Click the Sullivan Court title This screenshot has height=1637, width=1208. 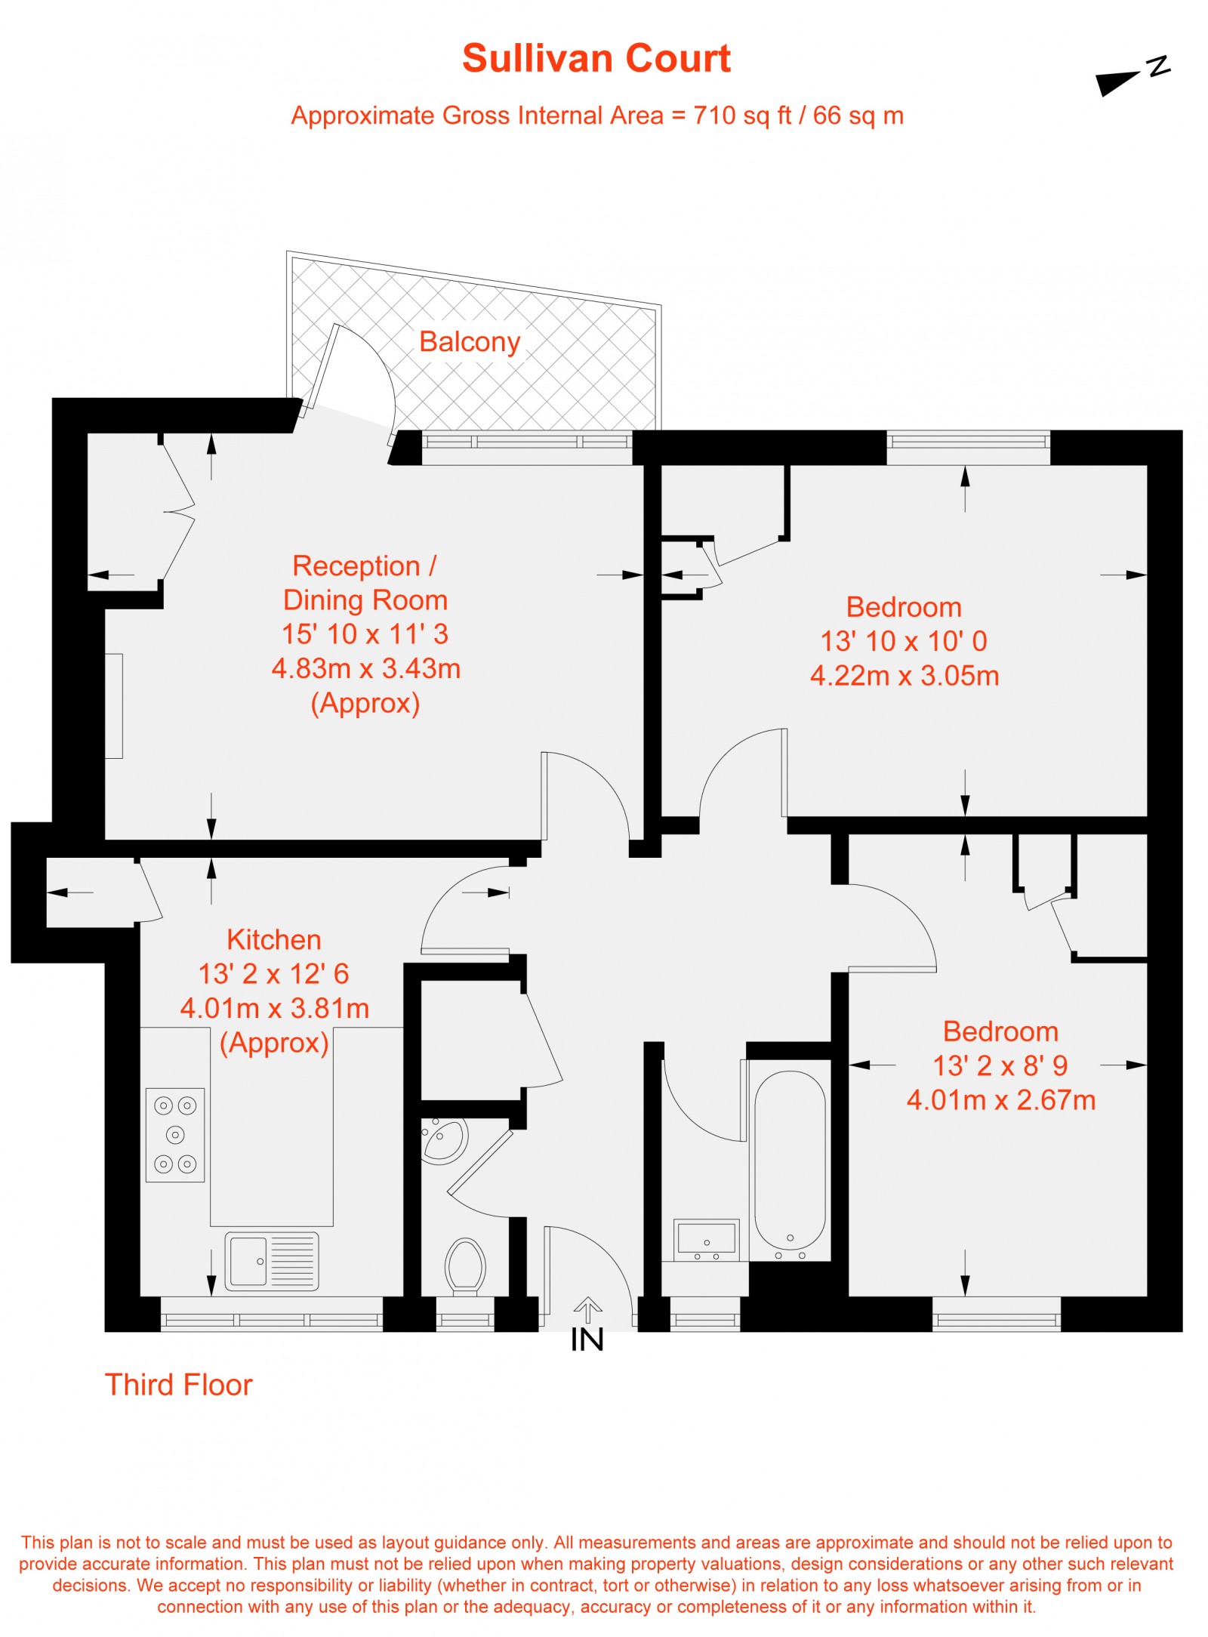tap(596, 59)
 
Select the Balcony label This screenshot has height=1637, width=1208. tap(470, 342)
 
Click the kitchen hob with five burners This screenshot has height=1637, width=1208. tap(175, 1135)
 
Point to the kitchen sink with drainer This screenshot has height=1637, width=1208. tap(271, 1261)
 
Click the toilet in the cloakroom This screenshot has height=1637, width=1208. tap(465, 1266)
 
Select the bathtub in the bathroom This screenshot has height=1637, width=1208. tap(790, 1161)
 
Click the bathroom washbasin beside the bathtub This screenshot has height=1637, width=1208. tap(706, 1239)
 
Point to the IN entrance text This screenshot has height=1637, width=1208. tap(587, 1340)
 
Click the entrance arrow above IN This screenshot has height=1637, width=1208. tap(587, 1309)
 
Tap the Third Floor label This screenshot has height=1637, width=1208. tap(178, 1385)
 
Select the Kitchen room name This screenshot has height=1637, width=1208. tap(274, 940)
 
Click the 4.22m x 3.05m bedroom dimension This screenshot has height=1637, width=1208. tap(904, 676)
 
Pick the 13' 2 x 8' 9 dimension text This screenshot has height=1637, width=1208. tap(1000, 1065)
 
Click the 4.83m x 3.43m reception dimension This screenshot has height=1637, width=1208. tap(366, 668)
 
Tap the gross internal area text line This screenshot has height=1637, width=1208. tap(597, 116)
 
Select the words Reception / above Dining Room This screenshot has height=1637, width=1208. tap(365, 566)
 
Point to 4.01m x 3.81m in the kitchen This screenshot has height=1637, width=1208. tap(275, 1008)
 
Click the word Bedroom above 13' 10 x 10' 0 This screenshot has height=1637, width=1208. tap(904, 607)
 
